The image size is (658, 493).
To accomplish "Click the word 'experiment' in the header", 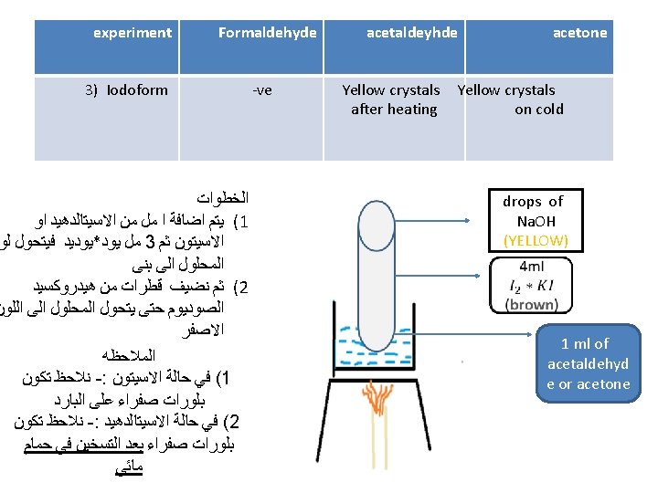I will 133,33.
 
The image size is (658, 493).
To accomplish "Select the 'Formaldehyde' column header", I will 267,33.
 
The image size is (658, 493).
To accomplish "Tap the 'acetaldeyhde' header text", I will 411,33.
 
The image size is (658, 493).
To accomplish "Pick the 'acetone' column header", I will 579,33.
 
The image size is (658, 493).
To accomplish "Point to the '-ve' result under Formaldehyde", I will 262,89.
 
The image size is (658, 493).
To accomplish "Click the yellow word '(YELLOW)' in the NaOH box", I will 536,240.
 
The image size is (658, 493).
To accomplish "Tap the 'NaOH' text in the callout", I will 536,221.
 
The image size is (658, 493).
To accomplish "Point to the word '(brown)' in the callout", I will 531,304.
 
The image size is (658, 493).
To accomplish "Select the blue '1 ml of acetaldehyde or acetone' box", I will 588,363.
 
